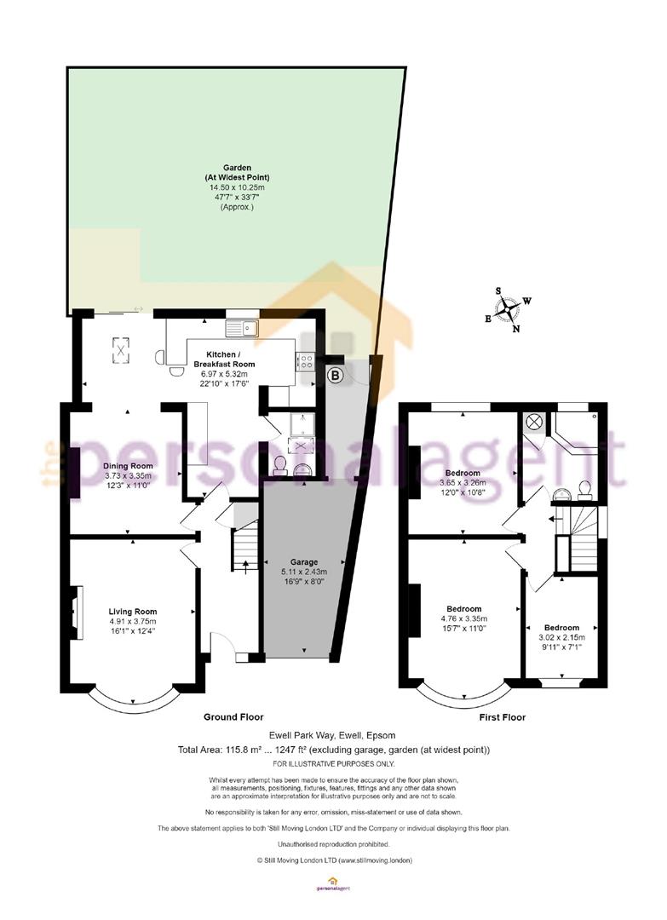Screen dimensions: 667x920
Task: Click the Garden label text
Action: pyautogui.click(x=237, y=187)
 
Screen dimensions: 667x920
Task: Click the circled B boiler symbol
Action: pyautogui.click(x=335, y=375)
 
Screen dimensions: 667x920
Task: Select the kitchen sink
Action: pyautogui.click(x=242, y=327)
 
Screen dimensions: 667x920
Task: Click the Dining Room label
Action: pyautogui.click(x=129, y=475)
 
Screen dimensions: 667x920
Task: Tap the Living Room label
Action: pyautogui.click(x=133, y=621)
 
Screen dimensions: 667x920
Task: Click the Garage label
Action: pyautogui.click(x=303, y=572)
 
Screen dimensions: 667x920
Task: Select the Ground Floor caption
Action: pyautogui.click(x=233, y=717)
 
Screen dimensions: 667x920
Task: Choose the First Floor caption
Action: pyautogui.click(x=502, y=717)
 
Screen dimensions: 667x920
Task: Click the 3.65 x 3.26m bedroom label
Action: pyautogui.click(x=463, y=483)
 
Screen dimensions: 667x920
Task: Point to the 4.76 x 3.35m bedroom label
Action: pyautogui.click(x=464, y=618)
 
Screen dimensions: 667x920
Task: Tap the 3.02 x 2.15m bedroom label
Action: pyautogui.click(x=561, y=637)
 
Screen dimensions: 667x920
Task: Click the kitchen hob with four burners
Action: pyautogui.click(x=305, y=361)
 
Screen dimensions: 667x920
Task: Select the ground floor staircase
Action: pyautogui.click(x=244, y=546)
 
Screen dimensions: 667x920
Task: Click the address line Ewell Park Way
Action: pyautogui.click(x=332, y=735)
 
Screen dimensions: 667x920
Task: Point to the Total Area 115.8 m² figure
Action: pyautogui.click(x=333, y=750)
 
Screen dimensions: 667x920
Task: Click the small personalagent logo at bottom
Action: pyautogui.click(x=333, y=885)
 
